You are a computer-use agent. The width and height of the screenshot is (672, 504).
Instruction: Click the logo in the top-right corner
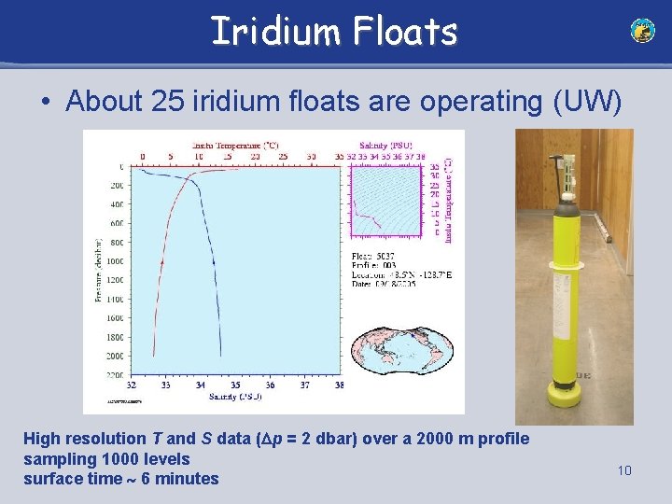[x=642, y=31]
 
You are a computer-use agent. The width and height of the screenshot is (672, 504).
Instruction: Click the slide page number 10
[x=624, y=470]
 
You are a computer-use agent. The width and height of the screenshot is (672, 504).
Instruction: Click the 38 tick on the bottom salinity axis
[x=339, y=385]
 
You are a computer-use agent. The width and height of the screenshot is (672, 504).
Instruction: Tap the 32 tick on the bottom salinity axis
[x=132, y=385]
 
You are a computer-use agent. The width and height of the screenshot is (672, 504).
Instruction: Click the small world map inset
[x=402, y=356]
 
